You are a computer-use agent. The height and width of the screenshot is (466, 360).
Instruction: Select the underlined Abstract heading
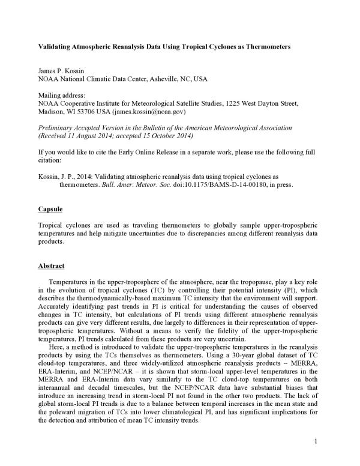tap(51, 265)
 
